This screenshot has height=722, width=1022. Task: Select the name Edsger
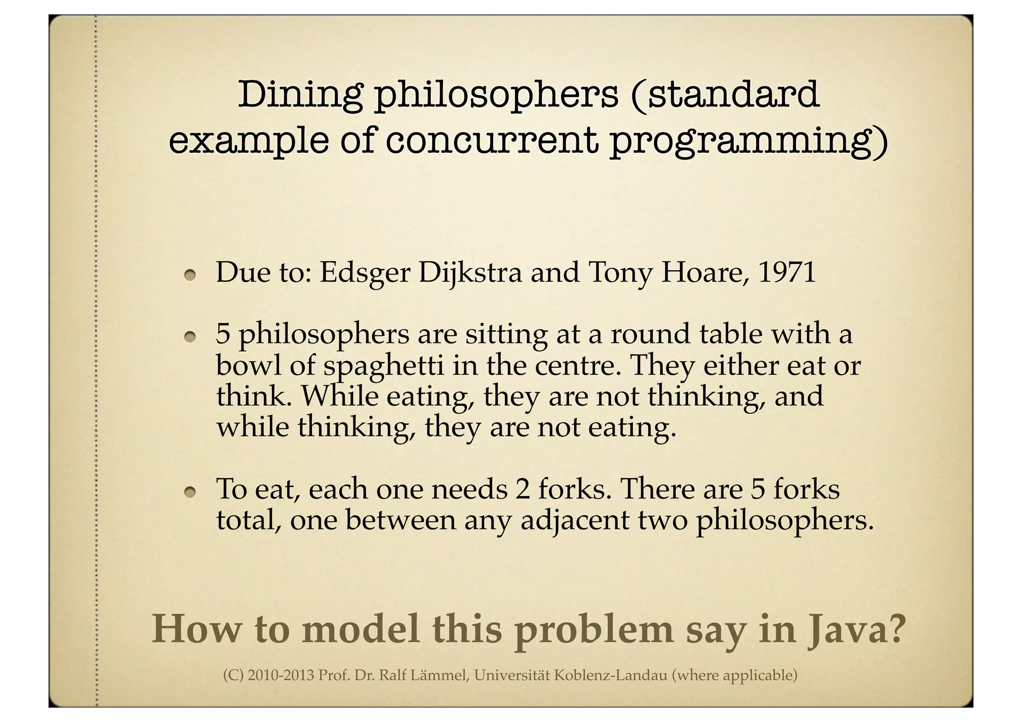point(364,273)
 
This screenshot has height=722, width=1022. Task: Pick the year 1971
point(787,273)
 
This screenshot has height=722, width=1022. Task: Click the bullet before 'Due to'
point(190,275)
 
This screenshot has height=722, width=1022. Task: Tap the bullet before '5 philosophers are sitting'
point(190,338)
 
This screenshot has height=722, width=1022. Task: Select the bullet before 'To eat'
point(190,492)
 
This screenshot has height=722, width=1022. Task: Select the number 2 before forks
point(522,489)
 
